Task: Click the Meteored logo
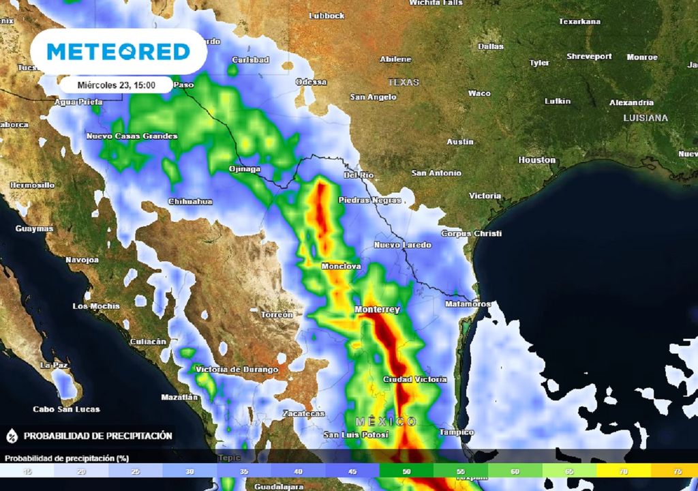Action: point(118,52)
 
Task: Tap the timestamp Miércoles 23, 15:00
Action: point(116,85)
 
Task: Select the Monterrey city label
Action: point(377,310)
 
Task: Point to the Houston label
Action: point(537,160)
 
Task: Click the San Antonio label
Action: point(436,173)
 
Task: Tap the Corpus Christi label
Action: point(472,233)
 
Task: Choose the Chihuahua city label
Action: point(190,202)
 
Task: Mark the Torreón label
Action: point(277,314)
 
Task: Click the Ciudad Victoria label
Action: point(415,379)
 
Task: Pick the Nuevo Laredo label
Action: point(402,245)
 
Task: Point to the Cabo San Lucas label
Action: point(67,409)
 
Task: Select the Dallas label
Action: point(491,46)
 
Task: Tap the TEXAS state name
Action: point(404,82)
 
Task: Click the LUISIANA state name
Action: point(646,118)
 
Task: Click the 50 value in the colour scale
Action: point(407,471)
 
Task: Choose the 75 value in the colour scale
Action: point(678,471)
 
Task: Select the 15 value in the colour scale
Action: point(27,471)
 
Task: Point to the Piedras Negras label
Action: point(369,200)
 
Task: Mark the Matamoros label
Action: point(468,303)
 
